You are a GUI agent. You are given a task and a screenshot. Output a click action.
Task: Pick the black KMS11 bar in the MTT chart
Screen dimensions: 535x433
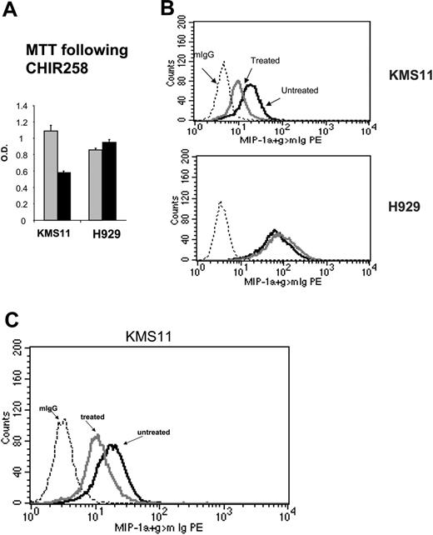(63, 197)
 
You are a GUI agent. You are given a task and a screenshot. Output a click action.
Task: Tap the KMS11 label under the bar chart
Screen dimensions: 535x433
(57, 233)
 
